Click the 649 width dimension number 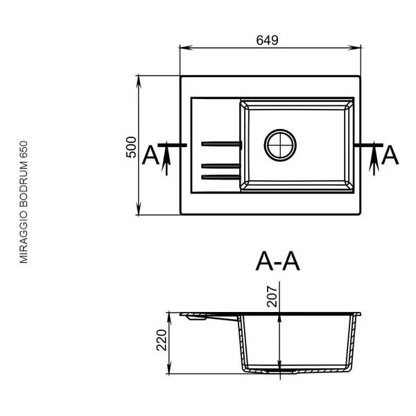tap(267, 40)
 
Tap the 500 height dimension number tap(131, 147)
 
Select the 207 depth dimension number tap(272, 296)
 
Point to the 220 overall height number tap(162, 340)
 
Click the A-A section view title tap(277, 261)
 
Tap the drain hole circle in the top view tap(280, 145)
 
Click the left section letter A tap(150, 155)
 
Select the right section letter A tap(390, 155)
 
